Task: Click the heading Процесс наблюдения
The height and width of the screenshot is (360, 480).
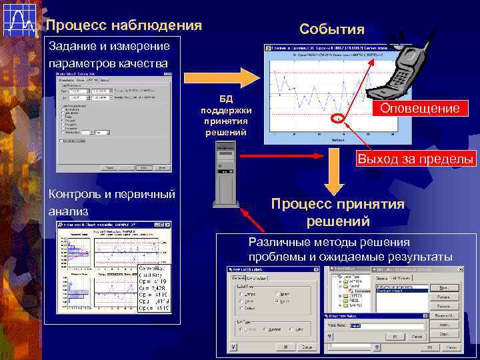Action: point(123,26)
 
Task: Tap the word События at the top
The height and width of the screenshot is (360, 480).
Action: point(332,29)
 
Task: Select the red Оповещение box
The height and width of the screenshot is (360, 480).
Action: point(419,108)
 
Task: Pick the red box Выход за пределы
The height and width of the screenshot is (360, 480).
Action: point(415,159)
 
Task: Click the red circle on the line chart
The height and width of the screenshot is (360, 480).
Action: point(339,119)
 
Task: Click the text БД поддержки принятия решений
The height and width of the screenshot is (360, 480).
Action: point(227,114)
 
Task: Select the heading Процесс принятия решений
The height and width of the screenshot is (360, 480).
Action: point(337,212)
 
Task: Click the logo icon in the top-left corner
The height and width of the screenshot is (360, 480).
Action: point(19,19)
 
